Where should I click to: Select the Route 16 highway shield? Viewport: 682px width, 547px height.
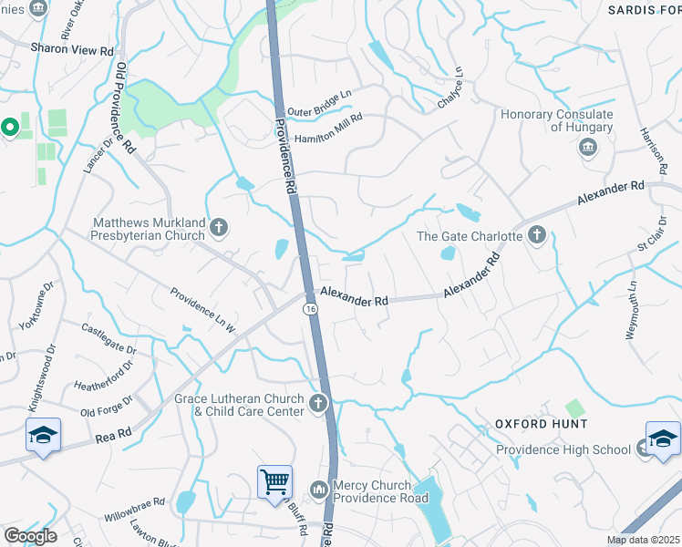click(311, 310)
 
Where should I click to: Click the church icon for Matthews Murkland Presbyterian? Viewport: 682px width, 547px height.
click(218, 227)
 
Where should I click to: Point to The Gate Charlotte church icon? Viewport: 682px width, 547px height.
click(536, 236)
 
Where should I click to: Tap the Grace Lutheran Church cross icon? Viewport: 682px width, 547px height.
click(318, 404)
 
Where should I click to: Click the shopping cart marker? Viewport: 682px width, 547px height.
click(274, 481)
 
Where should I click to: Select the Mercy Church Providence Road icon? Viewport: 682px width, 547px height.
click(318, 490)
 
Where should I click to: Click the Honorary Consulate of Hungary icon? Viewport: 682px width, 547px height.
click(586, 150)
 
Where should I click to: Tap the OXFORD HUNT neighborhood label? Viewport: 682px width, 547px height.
click(542, 425)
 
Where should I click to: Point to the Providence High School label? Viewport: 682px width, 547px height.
click(563, 449)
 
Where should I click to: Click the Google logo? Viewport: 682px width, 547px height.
click(30, 536)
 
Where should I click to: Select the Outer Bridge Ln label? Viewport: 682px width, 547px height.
click(319, 111)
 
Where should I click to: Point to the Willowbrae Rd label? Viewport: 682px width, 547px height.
click(134, 502)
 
